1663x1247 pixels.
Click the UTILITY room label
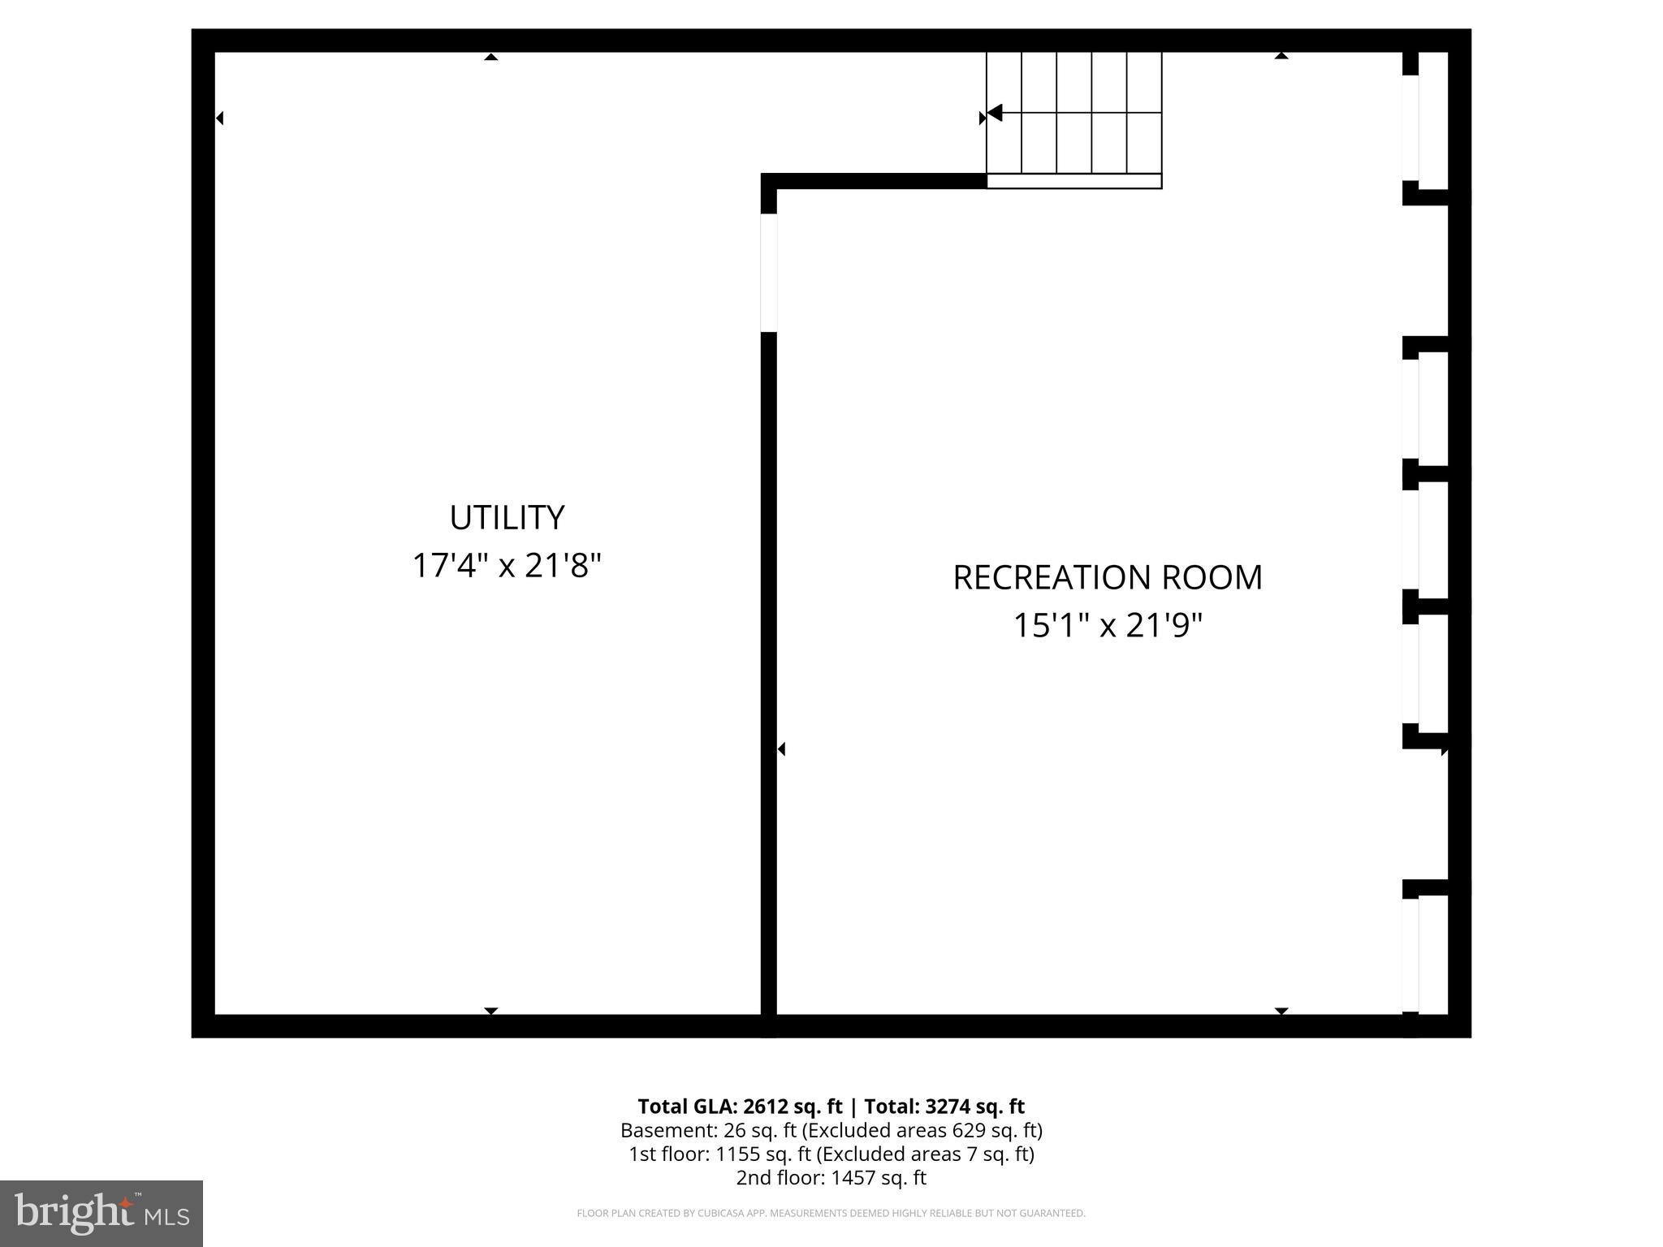[x=507, y=518]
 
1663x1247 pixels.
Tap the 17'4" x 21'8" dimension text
[x=507, y=566]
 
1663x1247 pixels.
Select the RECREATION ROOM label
[x=1107, y=578]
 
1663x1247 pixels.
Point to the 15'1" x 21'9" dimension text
[x=1107, y=626]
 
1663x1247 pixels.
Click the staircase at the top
[x=1073, y=114]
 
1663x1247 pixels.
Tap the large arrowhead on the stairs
[x=995, y=113]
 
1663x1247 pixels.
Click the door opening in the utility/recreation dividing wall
[x=769, y=272]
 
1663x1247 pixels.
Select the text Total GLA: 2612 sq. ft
[x=740, y=1107]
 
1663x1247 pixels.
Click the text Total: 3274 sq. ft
[x=944, y=1107]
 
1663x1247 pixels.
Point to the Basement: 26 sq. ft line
[x=831, y=1130]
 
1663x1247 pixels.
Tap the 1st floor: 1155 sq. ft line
[x=831, y=1154]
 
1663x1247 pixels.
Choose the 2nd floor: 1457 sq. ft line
[x=831, y=1177]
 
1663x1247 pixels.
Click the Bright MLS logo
[x=102, y=1212]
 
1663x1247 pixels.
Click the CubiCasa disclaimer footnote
[x=831, y=1214]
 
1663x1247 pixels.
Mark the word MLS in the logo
[x=167, y=1217]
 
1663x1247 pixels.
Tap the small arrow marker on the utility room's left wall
[x=219, y=119]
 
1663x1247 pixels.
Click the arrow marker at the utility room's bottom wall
[x=490, y=1011]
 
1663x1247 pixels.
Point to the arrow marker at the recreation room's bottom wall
[x=1281, y=1011]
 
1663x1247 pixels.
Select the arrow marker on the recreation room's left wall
[x=781, y=749]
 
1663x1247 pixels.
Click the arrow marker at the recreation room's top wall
[x=1281, y=56]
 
